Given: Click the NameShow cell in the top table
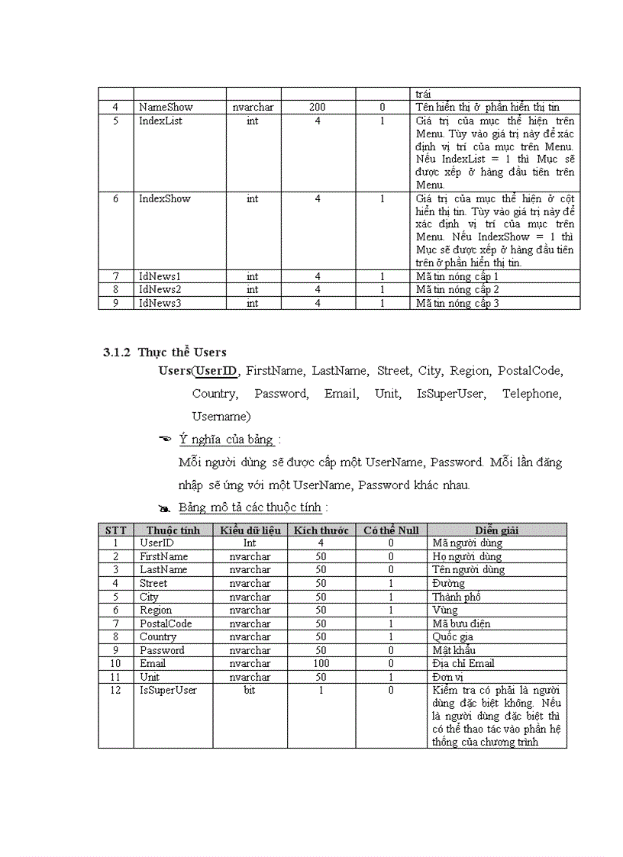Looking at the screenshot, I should click(x=166, y=108).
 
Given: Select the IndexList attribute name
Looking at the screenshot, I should click(x=160, y=121).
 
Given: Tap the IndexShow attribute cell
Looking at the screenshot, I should click(x=164, y=198).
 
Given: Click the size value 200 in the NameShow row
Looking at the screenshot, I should click(x=318, y=108).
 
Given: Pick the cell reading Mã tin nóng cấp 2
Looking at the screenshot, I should click(x=457, y=289).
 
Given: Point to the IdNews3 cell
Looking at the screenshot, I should click(x=160, y=303).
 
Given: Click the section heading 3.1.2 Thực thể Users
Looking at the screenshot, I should click(x=165, y=352).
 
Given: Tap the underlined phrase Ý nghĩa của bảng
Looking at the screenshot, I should click(x=226, y=440).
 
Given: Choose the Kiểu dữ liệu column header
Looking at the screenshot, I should click(x=250, y=530).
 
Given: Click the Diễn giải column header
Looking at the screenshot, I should click(x=496, y=530).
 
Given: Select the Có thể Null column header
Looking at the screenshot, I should click(x=391, y=530).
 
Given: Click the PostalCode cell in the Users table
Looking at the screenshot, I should click(x=166, y=623).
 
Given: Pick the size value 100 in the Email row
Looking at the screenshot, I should click(x=321, y=663).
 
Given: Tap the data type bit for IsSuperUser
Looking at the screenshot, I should click(x=250, y=690).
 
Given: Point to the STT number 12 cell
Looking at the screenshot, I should click(x=116, y=690).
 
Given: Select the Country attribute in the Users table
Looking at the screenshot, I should click(x=158, y=636).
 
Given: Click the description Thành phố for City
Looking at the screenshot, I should click(x=456, y=597).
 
